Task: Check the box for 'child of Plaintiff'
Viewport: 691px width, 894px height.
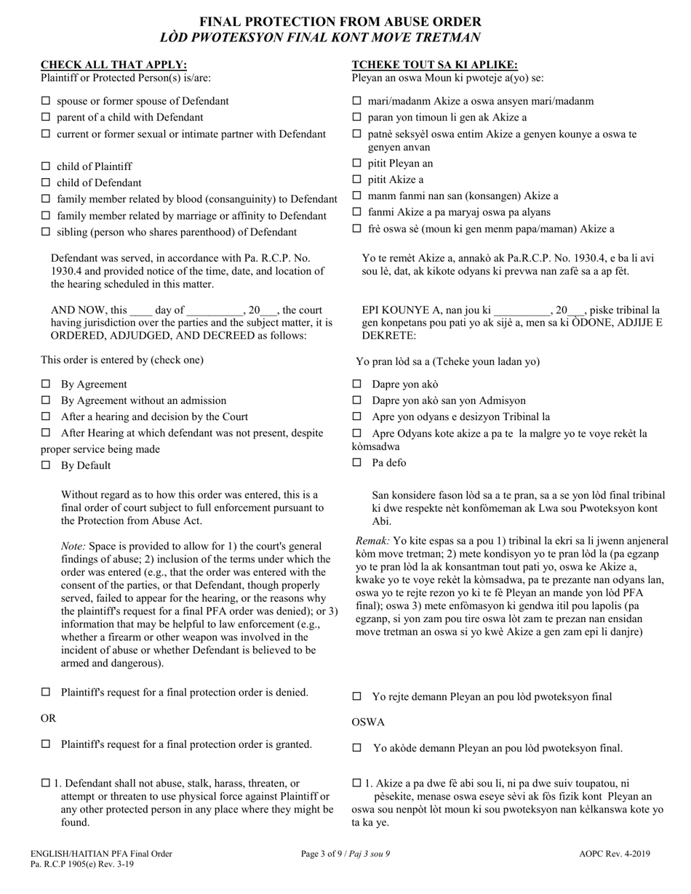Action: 46,166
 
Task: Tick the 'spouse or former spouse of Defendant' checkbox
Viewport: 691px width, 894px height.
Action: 46,101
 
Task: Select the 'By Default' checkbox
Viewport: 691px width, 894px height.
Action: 46,465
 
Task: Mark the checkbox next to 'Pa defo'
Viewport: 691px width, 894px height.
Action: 357,462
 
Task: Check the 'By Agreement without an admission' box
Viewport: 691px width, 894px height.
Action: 46,400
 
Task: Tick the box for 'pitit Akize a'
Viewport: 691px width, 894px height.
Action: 357,180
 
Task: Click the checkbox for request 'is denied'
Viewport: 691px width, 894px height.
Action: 46,693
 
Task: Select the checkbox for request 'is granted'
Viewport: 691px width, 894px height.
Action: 46,744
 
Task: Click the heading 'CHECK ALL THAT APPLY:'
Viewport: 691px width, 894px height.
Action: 113,65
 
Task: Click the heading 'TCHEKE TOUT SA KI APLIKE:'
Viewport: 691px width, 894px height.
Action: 435,65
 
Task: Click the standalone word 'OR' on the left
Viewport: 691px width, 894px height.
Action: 48,718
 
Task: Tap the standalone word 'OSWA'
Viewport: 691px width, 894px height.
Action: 368,722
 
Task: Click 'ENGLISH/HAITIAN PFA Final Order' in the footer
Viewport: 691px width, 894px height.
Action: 101,854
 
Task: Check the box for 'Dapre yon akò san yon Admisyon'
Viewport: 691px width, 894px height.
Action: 357,400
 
